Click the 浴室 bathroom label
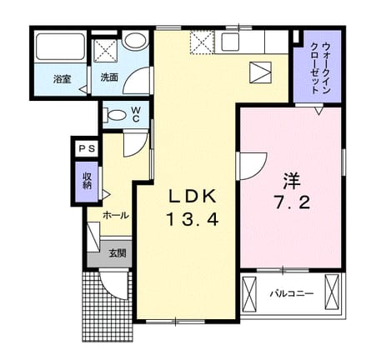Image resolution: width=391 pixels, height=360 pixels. [x=63, y=79]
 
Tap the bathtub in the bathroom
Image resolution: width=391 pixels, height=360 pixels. [x=60, y=47]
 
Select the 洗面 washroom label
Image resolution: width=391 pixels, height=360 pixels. [x=109, y=77]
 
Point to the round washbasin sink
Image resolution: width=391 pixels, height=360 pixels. [x=135, y=39]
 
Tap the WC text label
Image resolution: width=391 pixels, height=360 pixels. [x=136, y=114]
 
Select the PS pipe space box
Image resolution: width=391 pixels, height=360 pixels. [x=87, y=148]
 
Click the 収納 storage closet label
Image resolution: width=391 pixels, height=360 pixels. [x=88, y=182]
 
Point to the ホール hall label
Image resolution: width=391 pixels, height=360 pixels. [x=116, y=215]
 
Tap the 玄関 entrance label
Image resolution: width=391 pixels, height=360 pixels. [x=118, y=253]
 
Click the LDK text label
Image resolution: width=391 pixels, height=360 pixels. [x=193, y=197]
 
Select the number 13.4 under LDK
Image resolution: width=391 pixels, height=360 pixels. [x=192, y=220]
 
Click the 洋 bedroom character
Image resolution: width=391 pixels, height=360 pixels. [x=292, y=180]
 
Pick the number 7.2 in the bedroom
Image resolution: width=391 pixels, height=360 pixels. [x=292, y=202]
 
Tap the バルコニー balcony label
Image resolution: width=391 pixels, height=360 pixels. [x=292, y=293]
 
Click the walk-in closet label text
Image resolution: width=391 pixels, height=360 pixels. [x=322, y=68]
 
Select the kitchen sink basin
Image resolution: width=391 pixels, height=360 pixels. [x=230, y=42]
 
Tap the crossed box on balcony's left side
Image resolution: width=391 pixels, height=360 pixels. [x=249, y=292]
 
